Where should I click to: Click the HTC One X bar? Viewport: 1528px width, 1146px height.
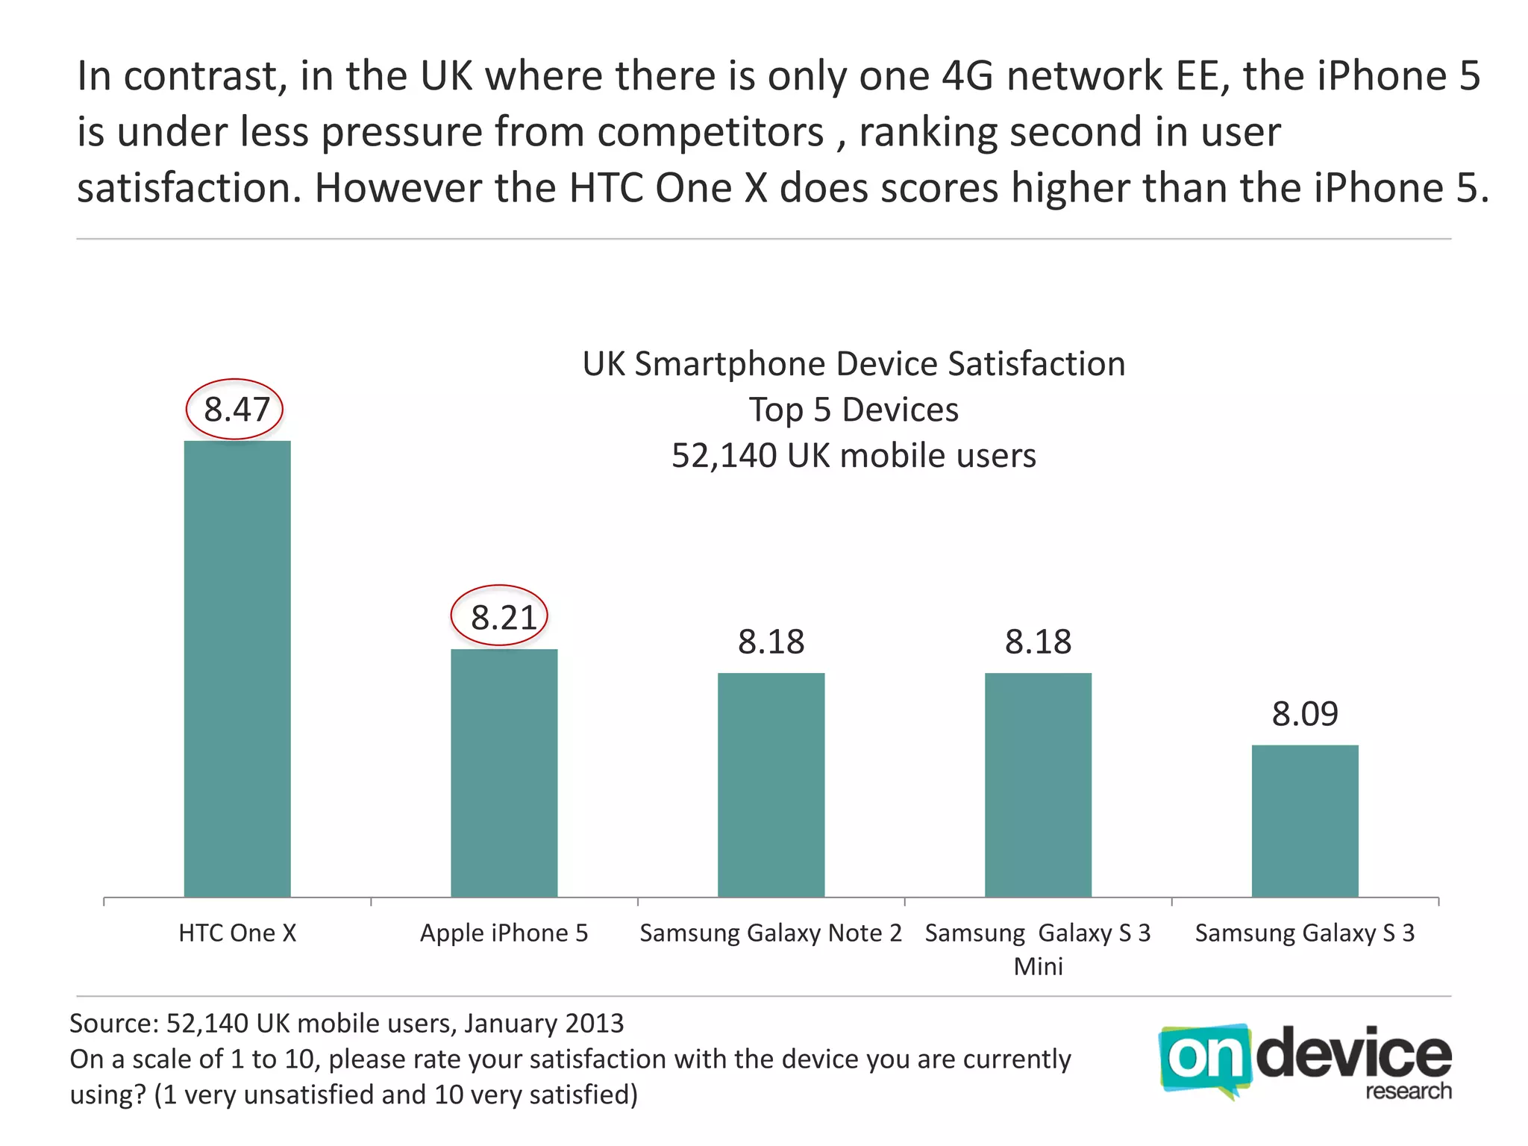[x=237, y=668]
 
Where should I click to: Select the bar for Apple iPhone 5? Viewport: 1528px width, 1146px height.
[x=504, y=773]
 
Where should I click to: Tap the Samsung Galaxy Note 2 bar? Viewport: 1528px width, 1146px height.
[x=771, y=785]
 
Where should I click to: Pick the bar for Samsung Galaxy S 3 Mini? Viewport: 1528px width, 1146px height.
[x=1038, y=785]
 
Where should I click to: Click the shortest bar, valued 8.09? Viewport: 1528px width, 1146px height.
[x=1305, y=821]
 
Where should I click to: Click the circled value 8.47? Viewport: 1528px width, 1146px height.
[x=236, y=410]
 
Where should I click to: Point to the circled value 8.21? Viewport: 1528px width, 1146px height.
[x=501, y=617]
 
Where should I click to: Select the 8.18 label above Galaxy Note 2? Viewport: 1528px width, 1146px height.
[x=771, y=642]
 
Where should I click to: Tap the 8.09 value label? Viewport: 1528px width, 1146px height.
[x=1305, y=714]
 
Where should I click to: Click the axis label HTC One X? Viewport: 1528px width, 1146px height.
[x=237, y=933]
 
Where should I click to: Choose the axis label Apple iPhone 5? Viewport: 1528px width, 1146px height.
[x=504, y=933]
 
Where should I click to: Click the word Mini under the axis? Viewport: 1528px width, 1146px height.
[x=1038, y=966]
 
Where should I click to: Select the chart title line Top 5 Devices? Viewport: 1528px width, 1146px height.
[x=854, y=410]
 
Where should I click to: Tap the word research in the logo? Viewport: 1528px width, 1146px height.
[x=1408, y=1091]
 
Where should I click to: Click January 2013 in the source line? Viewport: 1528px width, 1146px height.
[x=544, y=1023]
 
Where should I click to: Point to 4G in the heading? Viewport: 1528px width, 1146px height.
[x=968, y=76]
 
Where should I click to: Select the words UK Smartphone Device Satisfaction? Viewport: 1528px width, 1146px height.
[x=854, y=364]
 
